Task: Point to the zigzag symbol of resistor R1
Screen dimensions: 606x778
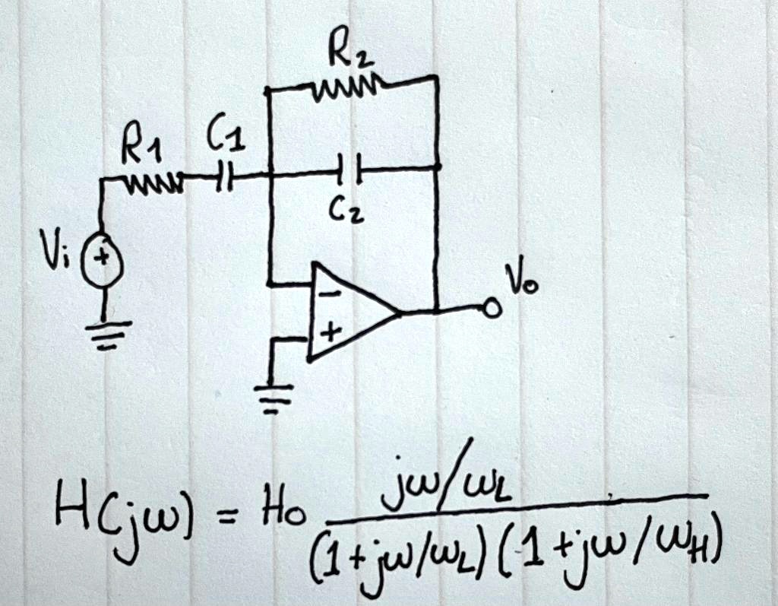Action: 156,180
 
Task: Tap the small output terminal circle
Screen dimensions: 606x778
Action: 492,309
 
